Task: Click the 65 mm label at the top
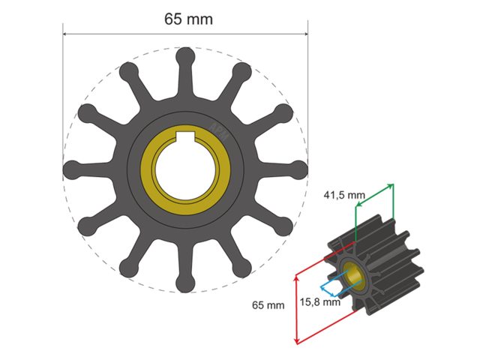[x=188, y=19]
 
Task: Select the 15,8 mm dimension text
[x=321, y=303]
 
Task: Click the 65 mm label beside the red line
[x=268, y=305]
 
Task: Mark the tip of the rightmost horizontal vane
[x=298, y=169]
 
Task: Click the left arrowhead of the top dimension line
[x=65, y=33]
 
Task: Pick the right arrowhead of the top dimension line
[x=305, y=33]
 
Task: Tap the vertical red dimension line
[x=299, y=307]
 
